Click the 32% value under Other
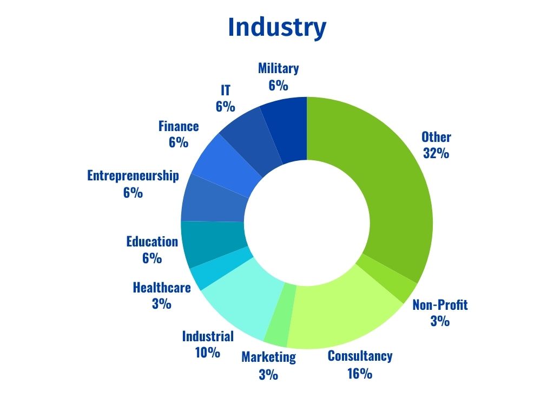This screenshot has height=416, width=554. click(x=436, y=153)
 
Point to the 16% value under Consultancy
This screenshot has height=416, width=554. click(x=360, y=373)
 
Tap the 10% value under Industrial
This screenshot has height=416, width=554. click(x=208, y=353)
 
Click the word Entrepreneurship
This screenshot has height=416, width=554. click(x=133, y=176)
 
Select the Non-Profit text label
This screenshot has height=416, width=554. click(x=440, y=304)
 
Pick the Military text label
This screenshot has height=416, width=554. click(x=278, y=69)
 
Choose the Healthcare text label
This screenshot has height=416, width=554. click(x=162, y=287)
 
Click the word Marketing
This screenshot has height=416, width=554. click(x=268, y=357)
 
